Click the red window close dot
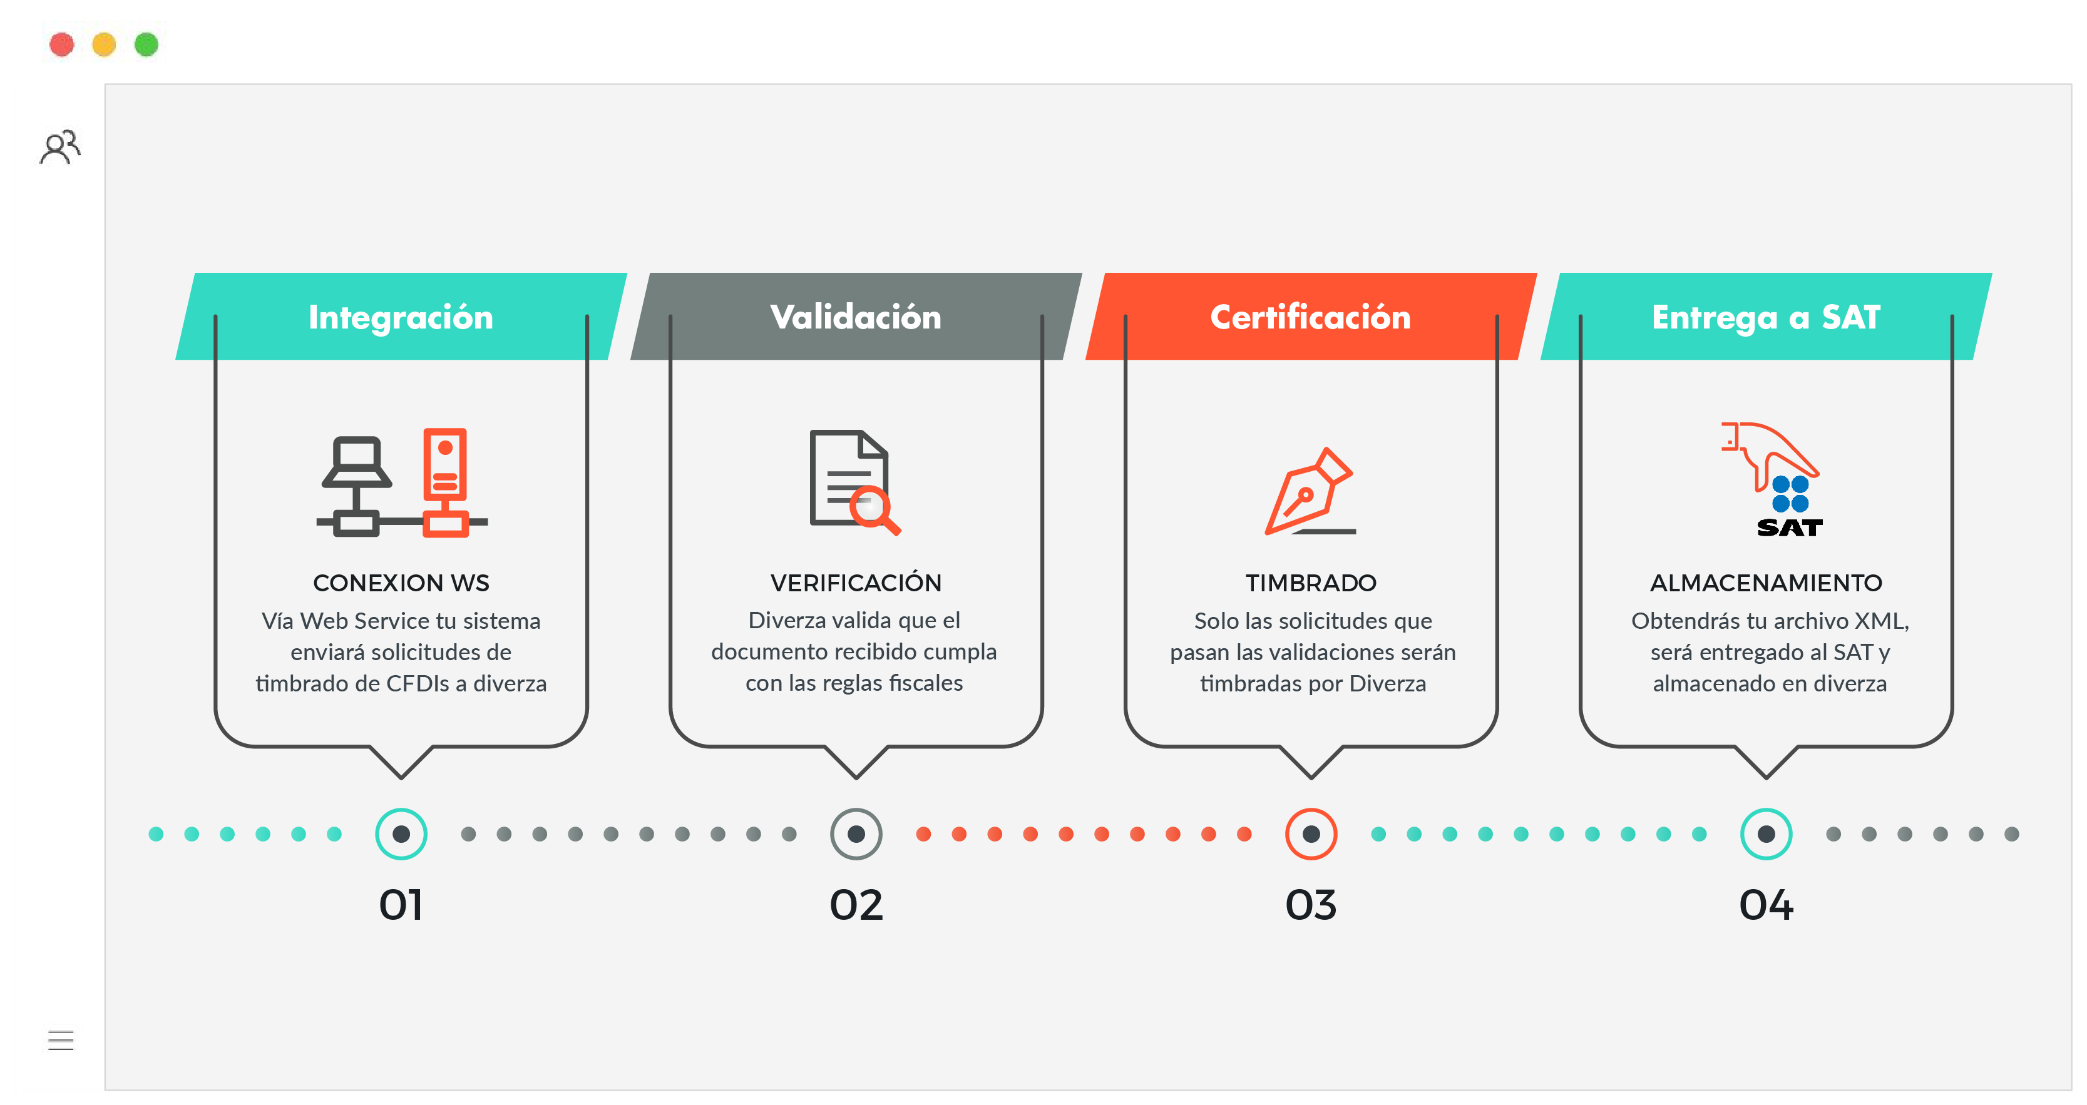click(61, 44)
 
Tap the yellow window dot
click(104, 44)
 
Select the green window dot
click(146, 44)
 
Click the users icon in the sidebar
click(60, 146)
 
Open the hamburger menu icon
click(61, 1039)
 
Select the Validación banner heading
click(856, 317)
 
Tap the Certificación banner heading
click(1311, 317)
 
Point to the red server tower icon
click(445, 481)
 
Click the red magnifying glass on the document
click(875, 511)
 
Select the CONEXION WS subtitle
click(401, 583)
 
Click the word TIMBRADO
click(1311, 583)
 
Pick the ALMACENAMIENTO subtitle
click(1766, 583)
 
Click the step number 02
click(856, 905)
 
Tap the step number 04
click(1766, 905)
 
